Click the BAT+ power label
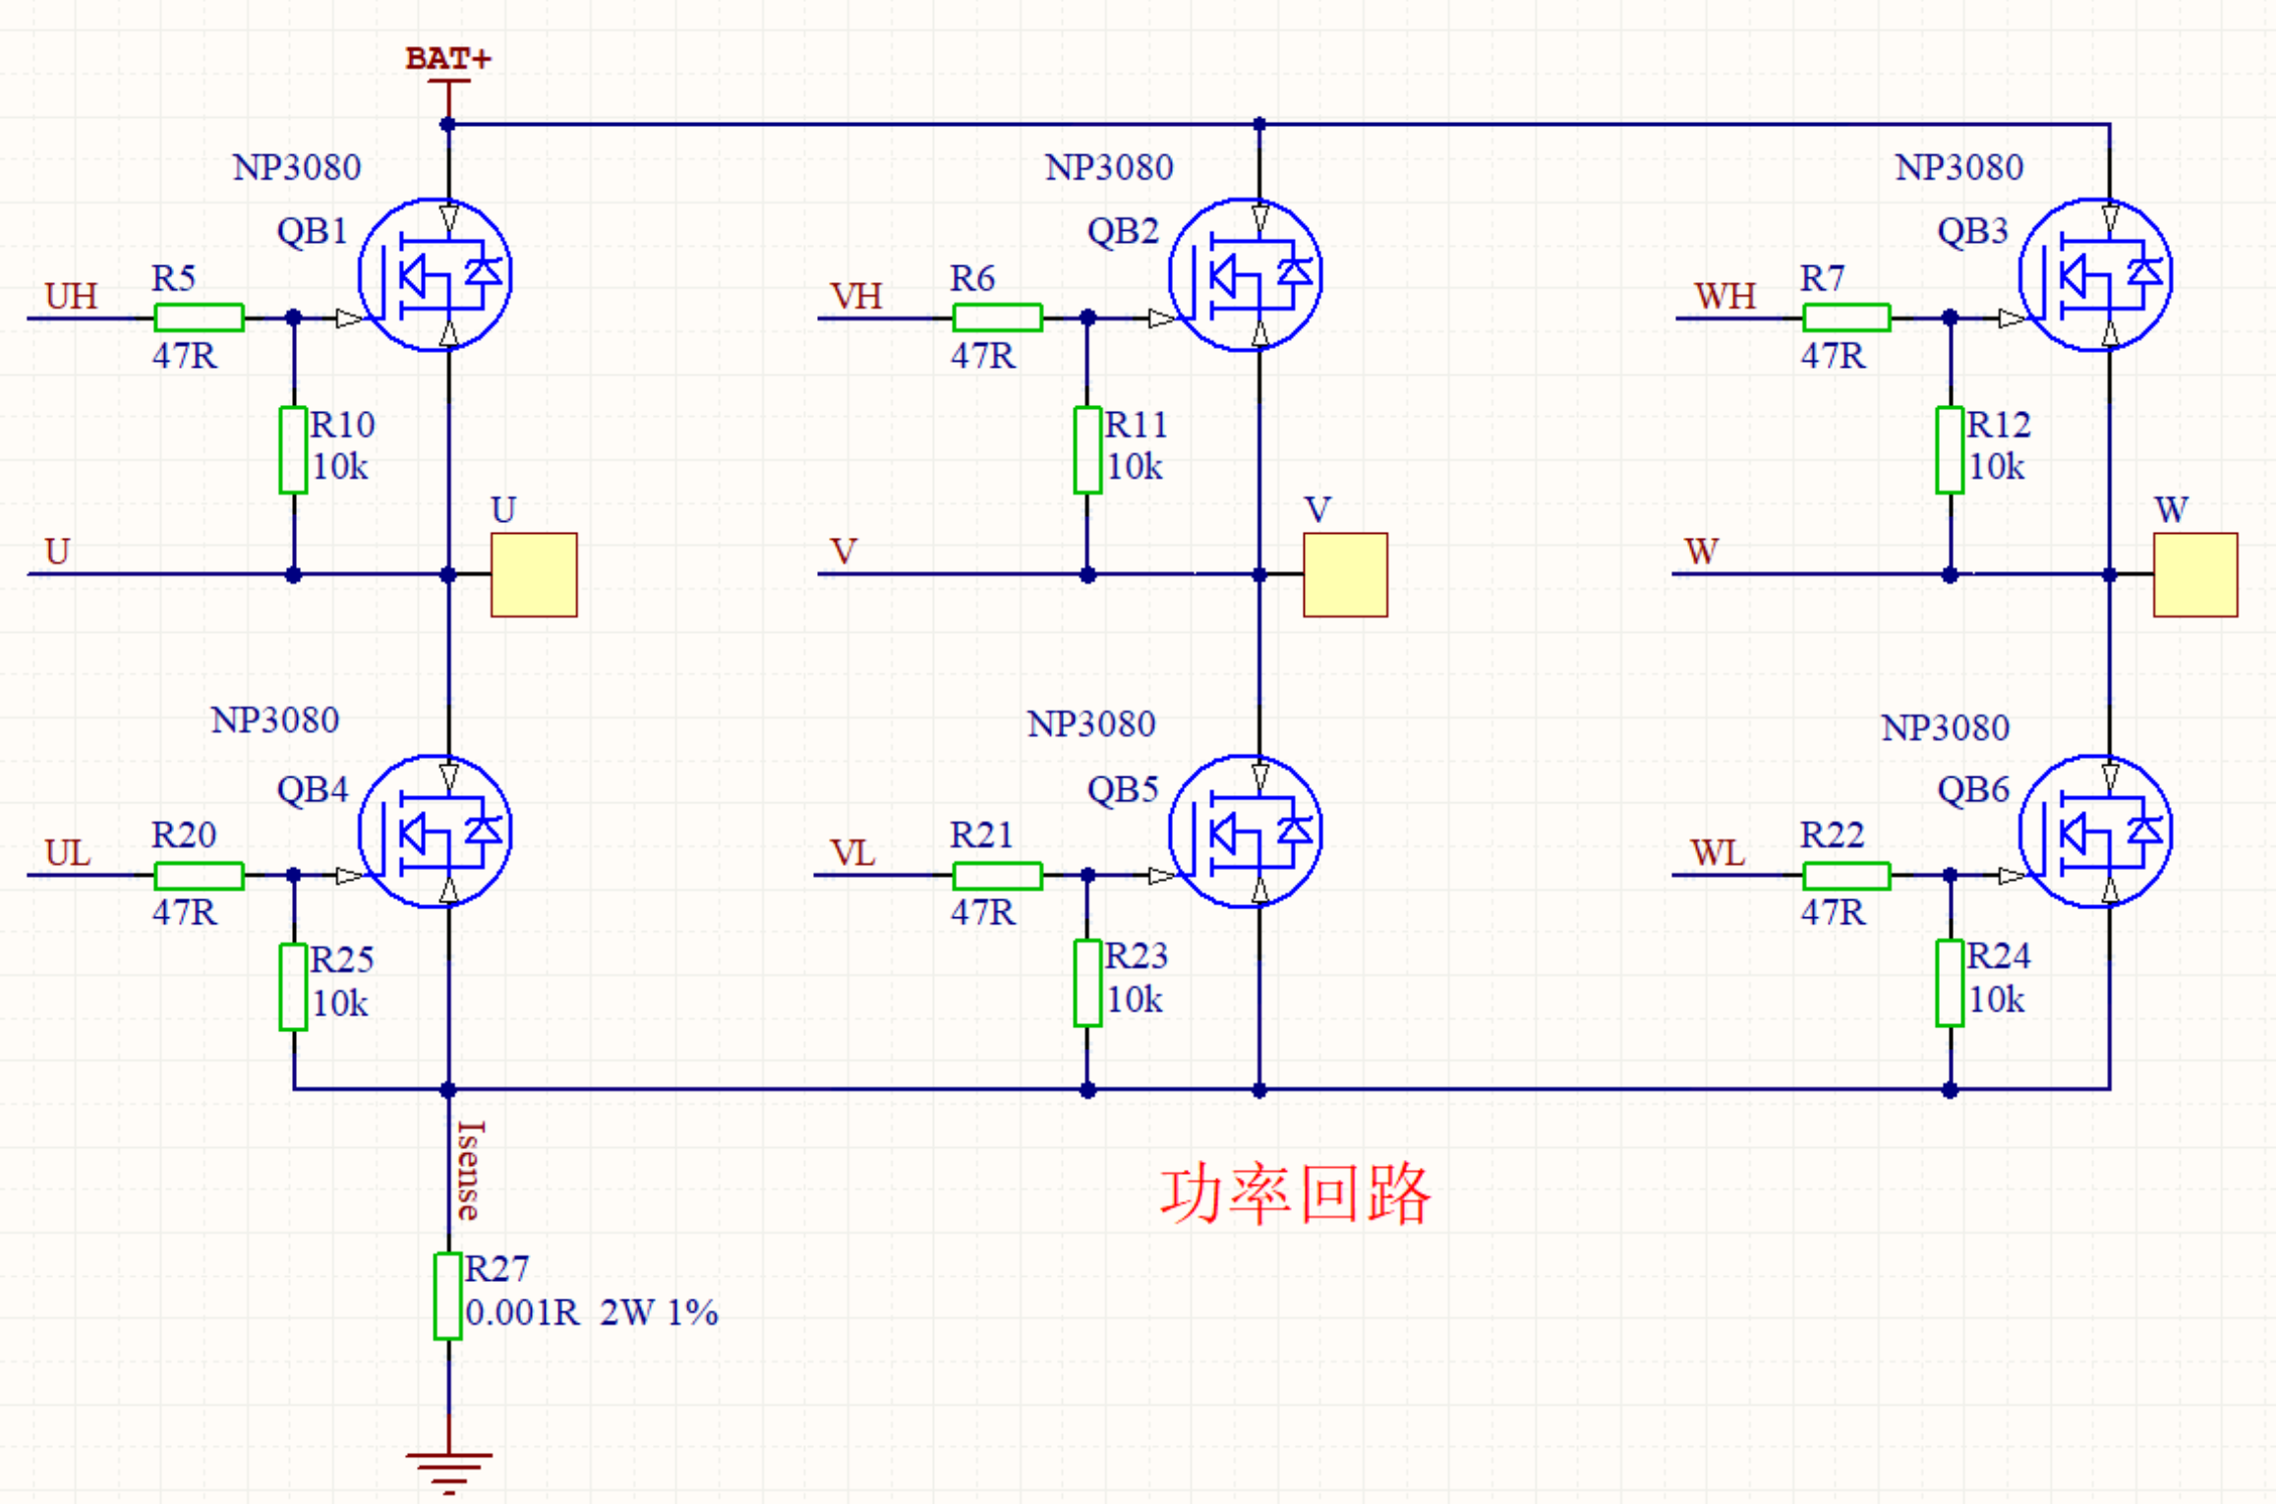(x=447, y=59)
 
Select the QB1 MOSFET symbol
(x=436, y=274)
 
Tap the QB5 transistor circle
(x=1246, y=832)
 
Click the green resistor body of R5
(x=199, y=318)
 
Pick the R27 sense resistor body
(x=448, y=1297)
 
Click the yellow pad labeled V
(x=1345, y=575)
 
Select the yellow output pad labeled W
(x=2194, y=575)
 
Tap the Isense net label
(x=469, y=1170)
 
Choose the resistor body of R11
(x=1087, y=450)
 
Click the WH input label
(x=1724, y=296)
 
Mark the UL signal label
(x=68, y=852)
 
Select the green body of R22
(x=1846, y=875)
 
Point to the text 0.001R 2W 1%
(x=591, y=1312)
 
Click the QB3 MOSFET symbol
(x=2095, y=274)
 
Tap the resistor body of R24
(x=1950, y=983)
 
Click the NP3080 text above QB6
(x=1945, y=728)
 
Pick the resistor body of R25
(x=293, y=987)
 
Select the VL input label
(x=851, y=852)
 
